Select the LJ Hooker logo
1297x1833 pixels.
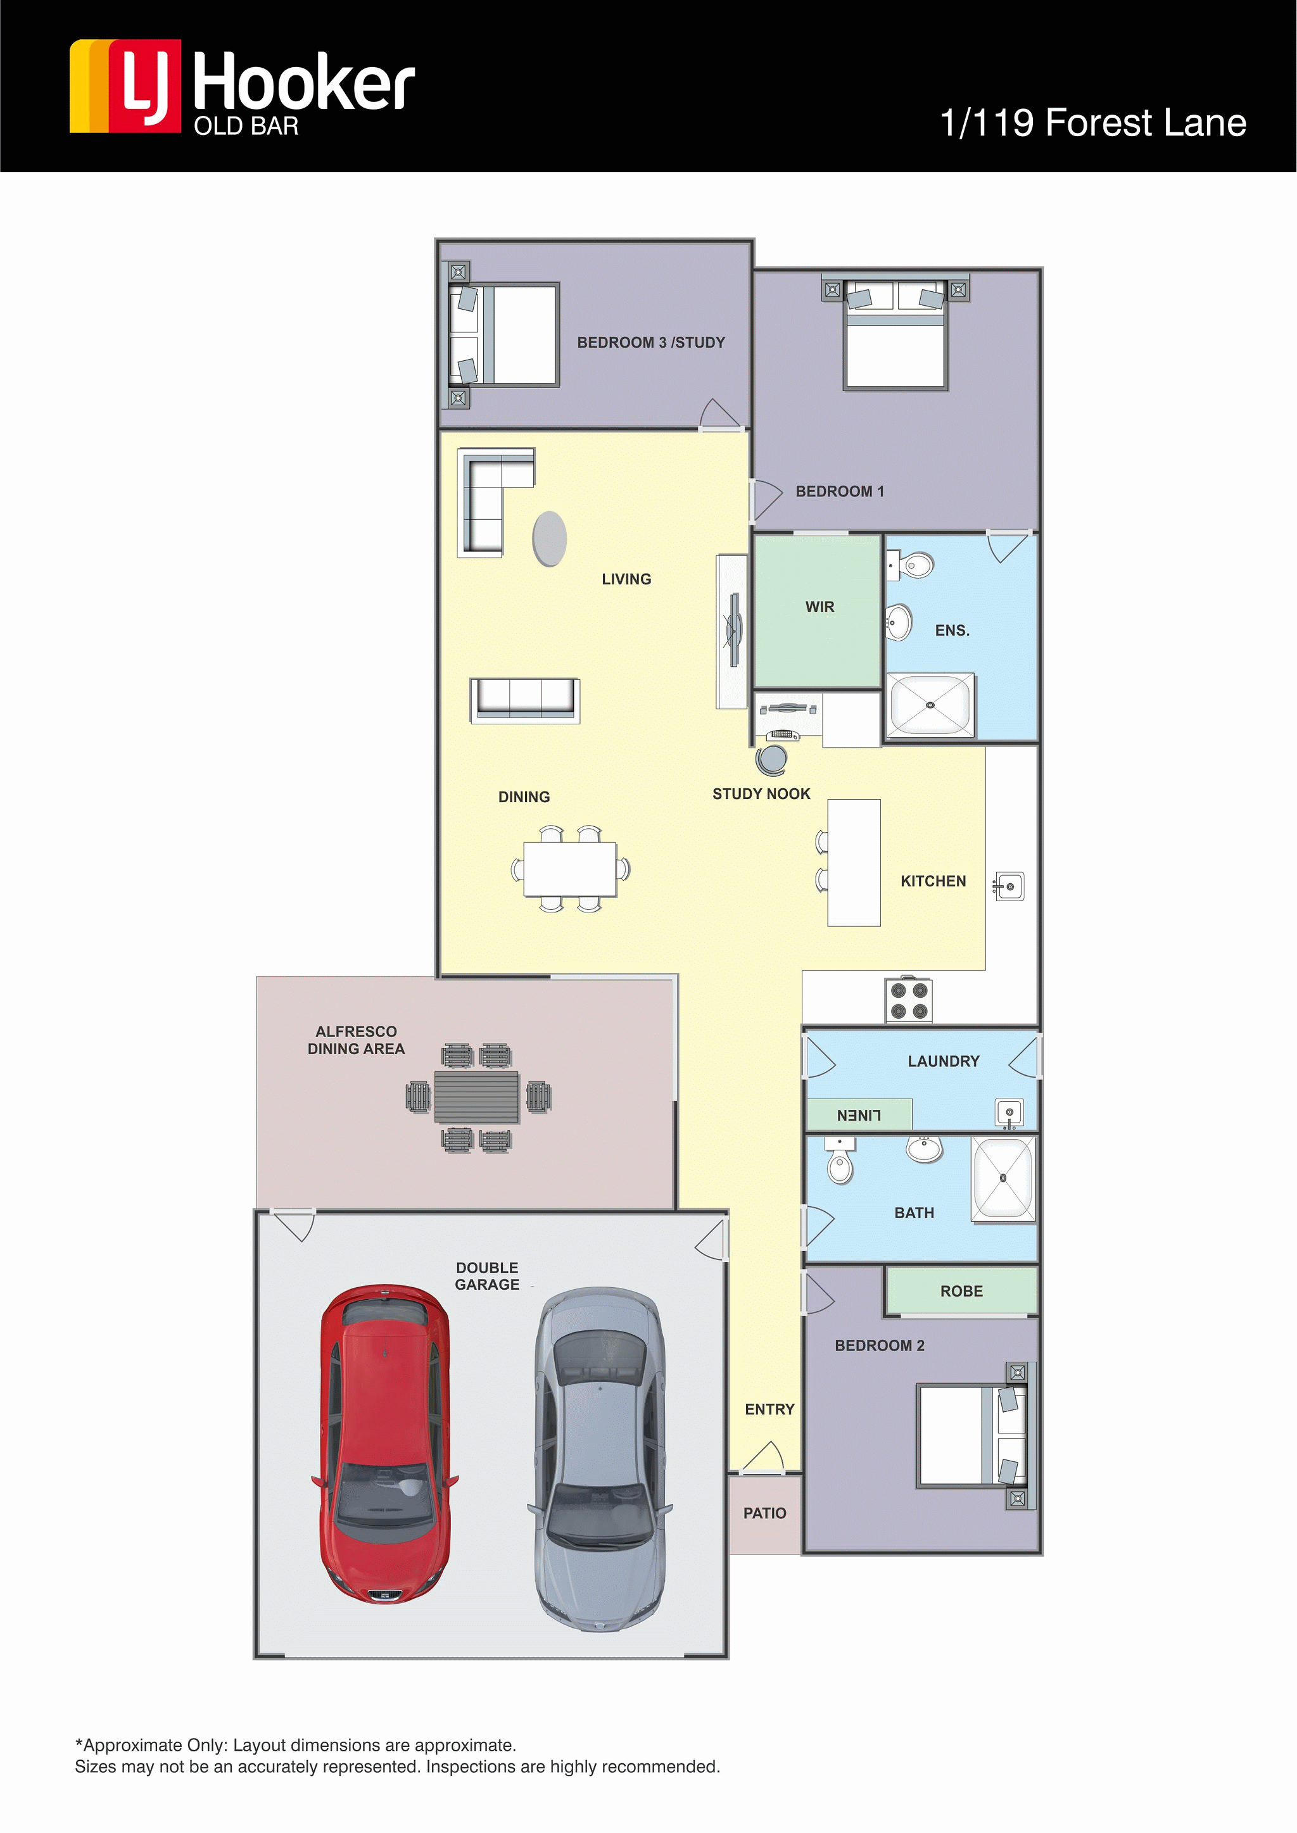242,88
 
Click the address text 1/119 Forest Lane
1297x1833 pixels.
1092,123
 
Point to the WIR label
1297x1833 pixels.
819,607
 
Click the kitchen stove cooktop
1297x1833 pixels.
909,1000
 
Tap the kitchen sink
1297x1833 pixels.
1009,886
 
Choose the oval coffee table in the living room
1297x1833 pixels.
550,539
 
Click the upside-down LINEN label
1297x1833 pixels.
859,1115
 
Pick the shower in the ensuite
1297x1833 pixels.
930,705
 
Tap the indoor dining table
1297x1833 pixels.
570,869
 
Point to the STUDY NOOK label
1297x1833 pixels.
761,793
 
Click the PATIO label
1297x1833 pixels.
764,1513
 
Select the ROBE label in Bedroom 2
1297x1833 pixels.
961,1291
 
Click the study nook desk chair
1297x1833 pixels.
771,760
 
